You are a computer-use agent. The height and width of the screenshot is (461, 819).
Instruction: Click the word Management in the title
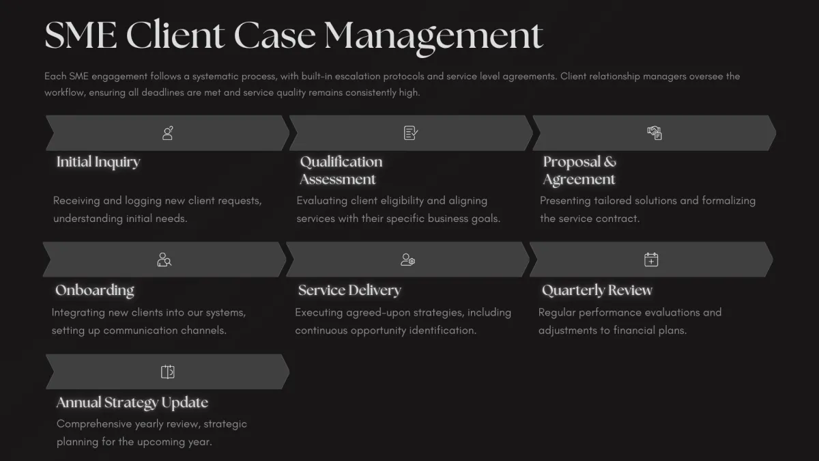[x=433, y=37]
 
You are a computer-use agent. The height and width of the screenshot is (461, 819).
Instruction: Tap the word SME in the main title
[x=81, y=35]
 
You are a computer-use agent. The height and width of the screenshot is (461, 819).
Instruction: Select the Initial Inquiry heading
[x=98, y=162]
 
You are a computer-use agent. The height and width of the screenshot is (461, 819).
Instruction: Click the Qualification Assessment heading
[x=341, y=171]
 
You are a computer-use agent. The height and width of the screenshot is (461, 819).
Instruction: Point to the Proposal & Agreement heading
[x=579, y=171]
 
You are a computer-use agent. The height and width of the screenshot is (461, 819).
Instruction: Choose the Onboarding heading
[x=95, y=290]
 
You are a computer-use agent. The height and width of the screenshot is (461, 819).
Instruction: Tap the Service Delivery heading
[x=349, y=290]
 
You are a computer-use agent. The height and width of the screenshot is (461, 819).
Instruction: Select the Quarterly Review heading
[x=597, y=290]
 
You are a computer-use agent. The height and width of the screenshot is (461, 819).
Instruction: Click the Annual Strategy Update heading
[x=132, y=402]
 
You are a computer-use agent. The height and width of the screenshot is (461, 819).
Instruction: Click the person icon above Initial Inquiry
[x=168, y=133]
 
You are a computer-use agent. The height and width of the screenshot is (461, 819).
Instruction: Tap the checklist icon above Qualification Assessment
[x=411, y=133]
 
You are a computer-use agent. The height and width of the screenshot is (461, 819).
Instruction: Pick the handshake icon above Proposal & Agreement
[x=655, y=133]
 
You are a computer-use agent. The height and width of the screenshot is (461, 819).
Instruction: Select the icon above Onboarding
[x=164, y=260]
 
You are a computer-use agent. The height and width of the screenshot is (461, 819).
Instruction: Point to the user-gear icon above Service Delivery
[x=407, y=260]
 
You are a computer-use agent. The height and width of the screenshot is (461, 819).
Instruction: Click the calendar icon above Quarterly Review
[x=651, y=260]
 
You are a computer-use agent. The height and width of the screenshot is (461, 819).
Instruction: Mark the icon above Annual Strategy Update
[x=168, y=372]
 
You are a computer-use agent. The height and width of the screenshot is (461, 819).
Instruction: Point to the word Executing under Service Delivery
[x=319, y=313]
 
